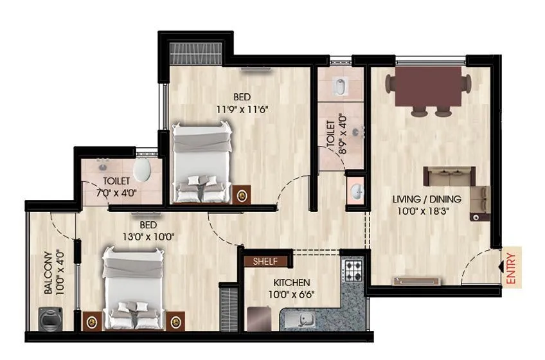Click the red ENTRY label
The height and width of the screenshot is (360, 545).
click(512, 269)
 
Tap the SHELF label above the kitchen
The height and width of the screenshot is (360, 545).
click(265, 262)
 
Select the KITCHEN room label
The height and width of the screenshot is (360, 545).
click(292, 283)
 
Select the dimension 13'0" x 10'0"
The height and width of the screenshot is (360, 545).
click(148, 236)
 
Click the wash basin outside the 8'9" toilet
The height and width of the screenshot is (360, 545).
click(357, 190)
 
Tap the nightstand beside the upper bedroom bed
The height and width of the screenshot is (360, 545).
click(243, 194)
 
